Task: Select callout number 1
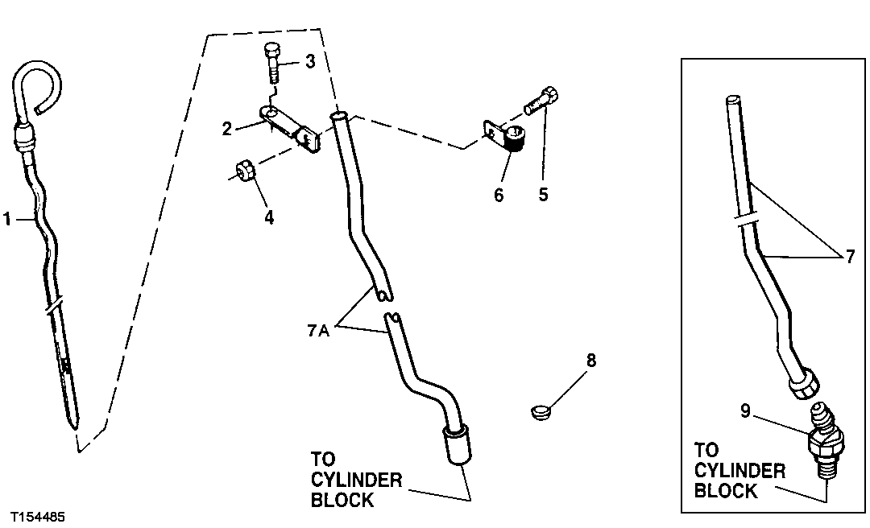[7, 218]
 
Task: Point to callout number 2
[227, 128]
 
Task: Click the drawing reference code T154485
[38, 515]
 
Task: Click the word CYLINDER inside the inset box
[739, 471]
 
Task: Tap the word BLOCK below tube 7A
[342, 500]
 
